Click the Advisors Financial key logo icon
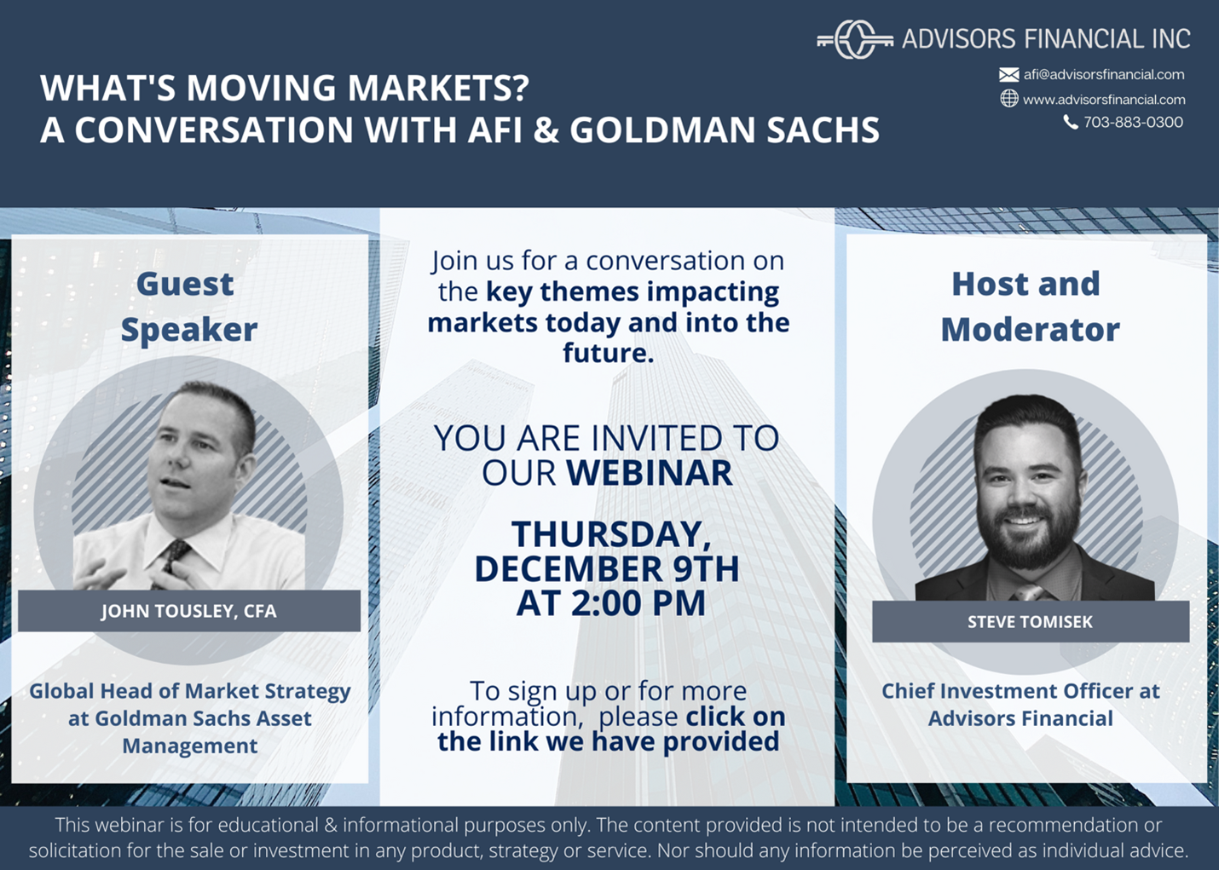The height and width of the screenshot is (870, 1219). click(855, 39)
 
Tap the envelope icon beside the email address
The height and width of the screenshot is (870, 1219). click(1009, 74)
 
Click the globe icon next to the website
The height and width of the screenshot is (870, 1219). click(1009, 99)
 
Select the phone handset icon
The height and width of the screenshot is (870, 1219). click(1071, 122)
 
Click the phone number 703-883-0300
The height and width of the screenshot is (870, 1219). click(1133, 122)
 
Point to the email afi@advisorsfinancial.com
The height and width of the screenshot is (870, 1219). click(1104, 74)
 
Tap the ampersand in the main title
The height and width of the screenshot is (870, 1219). click(546, 130)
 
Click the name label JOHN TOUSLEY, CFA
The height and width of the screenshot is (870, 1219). click(189, 611)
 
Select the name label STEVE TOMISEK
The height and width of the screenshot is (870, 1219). click(1030, 622)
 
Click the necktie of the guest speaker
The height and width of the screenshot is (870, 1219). click(172, 561)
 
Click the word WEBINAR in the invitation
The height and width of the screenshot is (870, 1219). click(650, 472)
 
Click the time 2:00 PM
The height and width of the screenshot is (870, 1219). click(638, 602)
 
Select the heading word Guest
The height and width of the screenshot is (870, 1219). click(185, 284)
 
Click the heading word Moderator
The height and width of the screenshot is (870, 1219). click(1030, 330)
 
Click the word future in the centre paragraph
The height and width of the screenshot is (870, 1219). click(608, 353)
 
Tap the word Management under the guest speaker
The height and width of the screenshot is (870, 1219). click(189, 746)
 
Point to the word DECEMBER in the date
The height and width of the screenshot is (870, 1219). click(569, 568)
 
